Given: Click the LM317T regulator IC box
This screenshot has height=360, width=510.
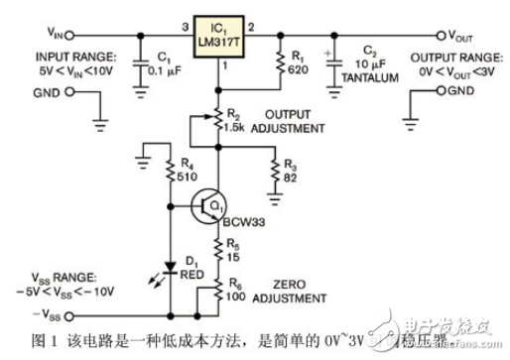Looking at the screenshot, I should [215, 34].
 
